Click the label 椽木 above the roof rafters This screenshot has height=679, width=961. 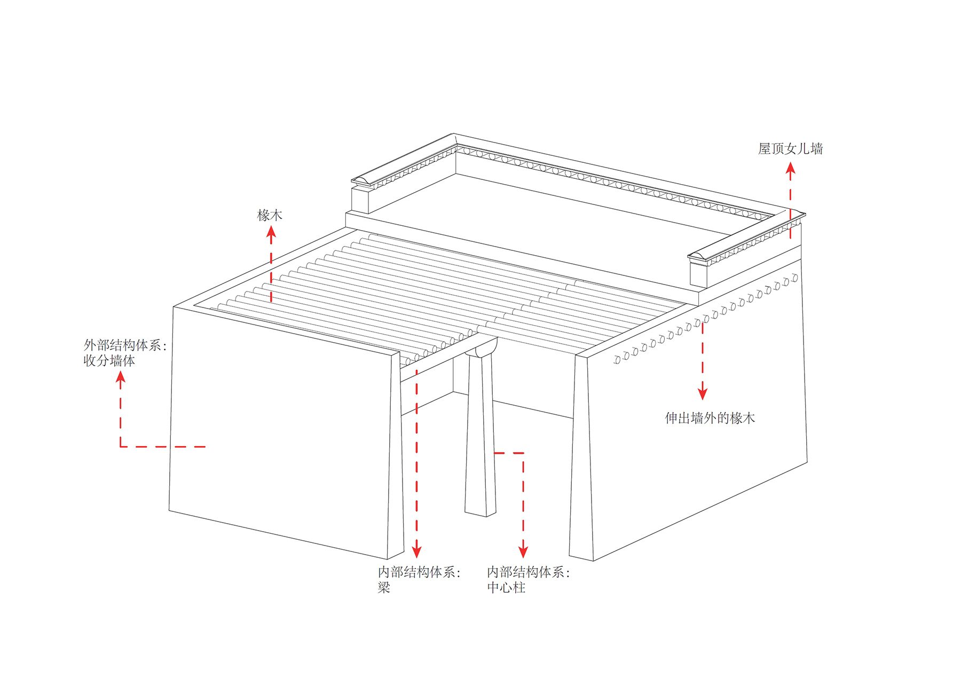click(270, 215)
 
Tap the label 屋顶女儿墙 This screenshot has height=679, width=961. click(790, 148)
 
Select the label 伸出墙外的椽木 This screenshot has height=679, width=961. click(710, 418)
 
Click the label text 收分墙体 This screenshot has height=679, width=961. click(109, 360)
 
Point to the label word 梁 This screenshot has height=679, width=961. click(384, 588)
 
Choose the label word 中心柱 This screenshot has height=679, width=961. click(506, 588)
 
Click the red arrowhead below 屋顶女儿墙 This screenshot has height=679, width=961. click(791, 169)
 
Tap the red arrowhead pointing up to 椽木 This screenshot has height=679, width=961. click(271, 232)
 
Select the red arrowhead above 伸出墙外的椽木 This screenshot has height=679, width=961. click(703, 393)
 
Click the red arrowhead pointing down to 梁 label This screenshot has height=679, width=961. click(417, 551)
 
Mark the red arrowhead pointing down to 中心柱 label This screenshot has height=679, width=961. click(523, 551)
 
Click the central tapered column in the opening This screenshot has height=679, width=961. click(480, 438)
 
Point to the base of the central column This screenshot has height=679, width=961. click(480, 510)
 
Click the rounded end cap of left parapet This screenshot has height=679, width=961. click(363, 179)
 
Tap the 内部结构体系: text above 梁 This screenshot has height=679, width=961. click(419, 572)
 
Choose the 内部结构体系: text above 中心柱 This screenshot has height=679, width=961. click(529, 572)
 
